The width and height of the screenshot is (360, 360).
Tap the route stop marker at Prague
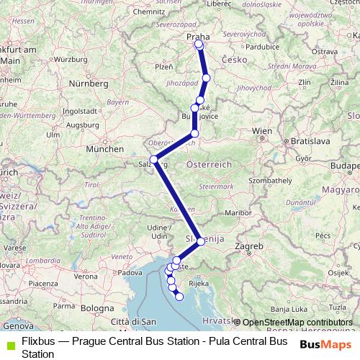coord(199,45)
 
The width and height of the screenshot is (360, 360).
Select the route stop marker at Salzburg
coord(153,159)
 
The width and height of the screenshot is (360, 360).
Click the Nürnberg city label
coord(87,84)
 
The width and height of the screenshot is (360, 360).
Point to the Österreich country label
coord(209,164)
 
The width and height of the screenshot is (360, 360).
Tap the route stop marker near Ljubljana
coord(201,241)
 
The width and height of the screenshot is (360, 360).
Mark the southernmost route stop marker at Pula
coord(179,297)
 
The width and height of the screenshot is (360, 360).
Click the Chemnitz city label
coord(148,12)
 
